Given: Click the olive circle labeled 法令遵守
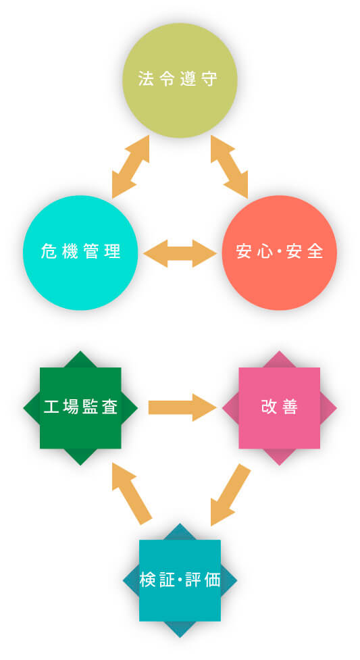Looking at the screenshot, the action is pyautogui.click(x=180, y=80).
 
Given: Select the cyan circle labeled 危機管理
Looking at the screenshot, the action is pyautogui.click(x=80, y=253).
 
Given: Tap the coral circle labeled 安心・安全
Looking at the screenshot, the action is pyautogui.click(x=279, y=253).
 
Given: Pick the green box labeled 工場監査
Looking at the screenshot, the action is pyautogui.click(x=80, y=408).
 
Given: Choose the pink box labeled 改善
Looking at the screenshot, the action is pyautogui.click(x=279, y=408).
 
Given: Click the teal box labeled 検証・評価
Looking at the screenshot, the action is pyautogui.click(x=180, y=580).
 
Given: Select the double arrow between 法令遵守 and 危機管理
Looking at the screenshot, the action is pyautogui.click(x=130, y=167).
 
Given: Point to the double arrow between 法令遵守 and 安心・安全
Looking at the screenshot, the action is pyautogui.click(x=229, y=167).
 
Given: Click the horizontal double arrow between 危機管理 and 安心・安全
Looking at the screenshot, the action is pyautogui.click(x=180, y=253).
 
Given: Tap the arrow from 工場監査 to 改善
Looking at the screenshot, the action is pyautogui.click(x=182, y=407).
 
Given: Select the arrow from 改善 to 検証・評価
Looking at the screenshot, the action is pyautogui.click(x=230, y=495).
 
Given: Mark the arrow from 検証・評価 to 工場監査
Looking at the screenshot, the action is pyautogui.click(x=132, y=493).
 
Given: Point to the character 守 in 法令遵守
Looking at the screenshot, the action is pyautogui.click(x=210, y=79).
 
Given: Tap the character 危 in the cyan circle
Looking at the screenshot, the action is pyautogui.click(x=49, y=251).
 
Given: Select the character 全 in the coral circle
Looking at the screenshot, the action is pyautogui.click(x=316, y=251).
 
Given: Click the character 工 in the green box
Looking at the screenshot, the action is pyautogui.click(x=51, y=407).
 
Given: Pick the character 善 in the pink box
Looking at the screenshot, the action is pyautogui.click(x=290, y=407).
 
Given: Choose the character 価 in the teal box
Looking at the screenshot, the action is pyautogui.click(x=213, y=580).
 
